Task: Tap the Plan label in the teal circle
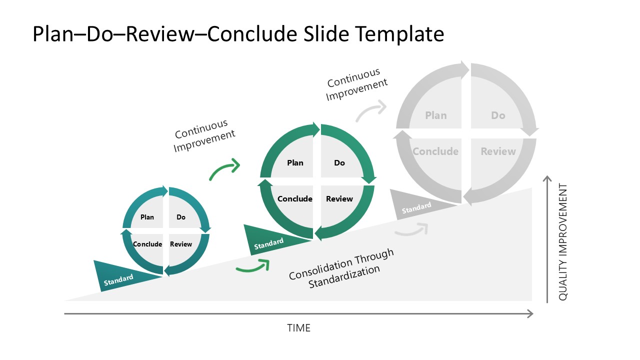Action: (x=147, y=217)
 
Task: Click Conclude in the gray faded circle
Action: (x=435, y=151)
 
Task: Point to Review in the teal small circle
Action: (x=181, y=244)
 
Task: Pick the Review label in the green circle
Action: (x=339, y=199)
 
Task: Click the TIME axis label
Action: (x=299, y=328)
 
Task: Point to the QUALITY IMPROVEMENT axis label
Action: (x=563, y=242)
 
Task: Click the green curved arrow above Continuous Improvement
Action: (x=224, y=170)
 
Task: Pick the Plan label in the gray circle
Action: (x=436, y=115)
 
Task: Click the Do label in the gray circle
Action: (x=498, y=115)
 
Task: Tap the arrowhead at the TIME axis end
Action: (x=530, y=314)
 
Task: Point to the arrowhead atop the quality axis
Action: (x=547, y=179)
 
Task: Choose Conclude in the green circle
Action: (x=295, y=199)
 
